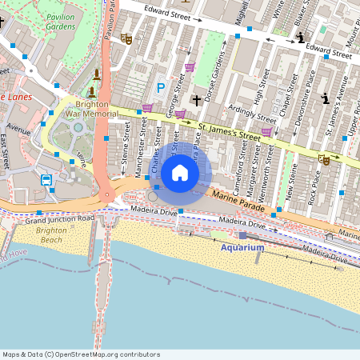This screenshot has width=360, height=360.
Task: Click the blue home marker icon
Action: coord(180,172)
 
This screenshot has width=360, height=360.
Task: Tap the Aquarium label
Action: coord(242,248)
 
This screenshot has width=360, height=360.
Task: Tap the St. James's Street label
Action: coord(230,132)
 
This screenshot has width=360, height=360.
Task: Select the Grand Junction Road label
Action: coord(59,218)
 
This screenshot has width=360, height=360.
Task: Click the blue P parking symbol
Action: coord(160,88)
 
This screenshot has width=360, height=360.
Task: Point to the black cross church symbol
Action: coord(196,101)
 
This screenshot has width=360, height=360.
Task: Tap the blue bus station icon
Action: coord(46,180)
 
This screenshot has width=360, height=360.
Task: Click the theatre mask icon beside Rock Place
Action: coord(324,160)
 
